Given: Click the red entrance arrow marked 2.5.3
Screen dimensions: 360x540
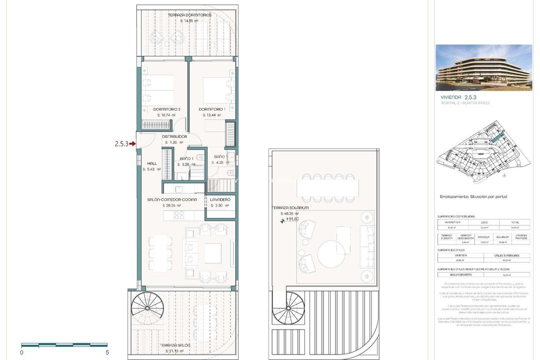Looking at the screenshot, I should (x=132, y=144).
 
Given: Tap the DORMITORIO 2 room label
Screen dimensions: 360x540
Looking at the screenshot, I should (x=166, y=109).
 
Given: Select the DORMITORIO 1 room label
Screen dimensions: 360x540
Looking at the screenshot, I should (x=212, y=109).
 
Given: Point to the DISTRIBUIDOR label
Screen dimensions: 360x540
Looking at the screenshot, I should (x=174, y=136).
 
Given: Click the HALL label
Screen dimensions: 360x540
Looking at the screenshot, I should (x=152, y=163).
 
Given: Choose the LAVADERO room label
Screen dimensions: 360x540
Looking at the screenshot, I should (x=220, y=199).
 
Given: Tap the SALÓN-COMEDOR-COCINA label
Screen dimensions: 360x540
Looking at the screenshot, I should (x=172, y=199).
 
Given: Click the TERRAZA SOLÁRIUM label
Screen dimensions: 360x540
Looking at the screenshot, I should (x=290, y=207).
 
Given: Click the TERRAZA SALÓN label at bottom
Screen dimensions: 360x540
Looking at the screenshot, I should (x=175, y=345).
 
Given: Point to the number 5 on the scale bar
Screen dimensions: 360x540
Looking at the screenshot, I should (x=107, y=352).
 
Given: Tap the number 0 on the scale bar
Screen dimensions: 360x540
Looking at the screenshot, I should (x=21, y=352).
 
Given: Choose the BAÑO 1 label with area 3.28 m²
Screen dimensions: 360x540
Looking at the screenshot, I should (x=186, y=158).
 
